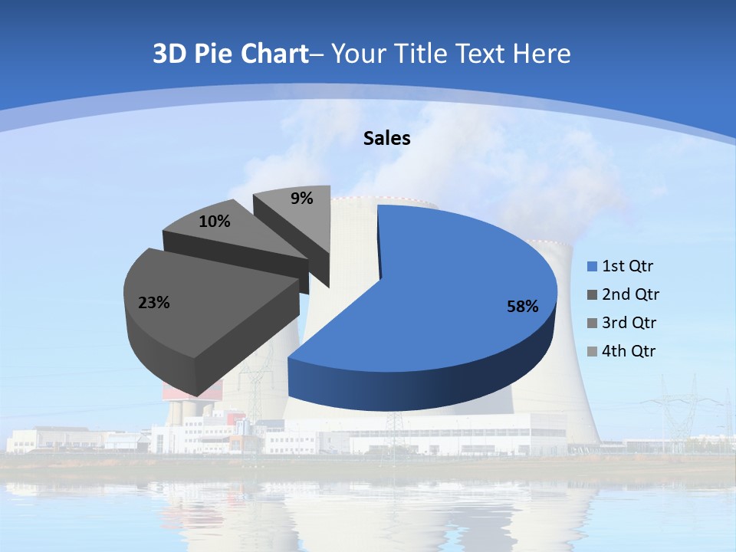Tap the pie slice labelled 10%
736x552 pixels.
pyautogui.click(x=230, y=234)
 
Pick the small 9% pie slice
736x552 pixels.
pyautogui.click(x=295, y=215)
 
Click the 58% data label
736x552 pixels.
pyautogui.click(x=522, y=307)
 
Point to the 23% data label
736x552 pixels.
pyautogui.click(x=153, y=303)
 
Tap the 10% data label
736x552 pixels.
pyautogui.click(x=214, y=222)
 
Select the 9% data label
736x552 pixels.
pyautogui.click(x=302, y=199)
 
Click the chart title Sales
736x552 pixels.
pyautogui.click(x=387, y=138)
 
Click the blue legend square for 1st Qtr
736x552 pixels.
pyautogui.click(x=592, y=267)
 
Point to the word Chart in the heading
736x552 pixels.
pyautogui.click(x=276, y=54)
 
